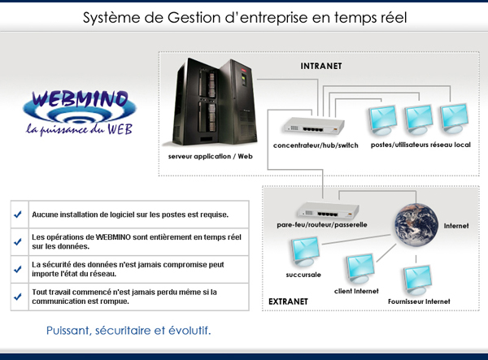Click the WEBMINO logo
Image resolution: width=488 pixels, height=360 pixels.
(79, 103)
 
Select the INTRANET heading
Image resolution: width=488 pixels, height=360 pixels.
(321, 66)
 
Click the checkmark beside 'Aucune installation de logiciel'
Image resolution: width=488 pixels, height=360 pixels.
(18, 215)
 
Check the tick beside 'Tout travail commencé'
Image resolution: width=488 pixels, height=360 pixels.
(18, 296)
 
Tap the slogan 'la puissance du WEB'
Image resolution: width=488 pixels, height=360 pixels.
(79, 128)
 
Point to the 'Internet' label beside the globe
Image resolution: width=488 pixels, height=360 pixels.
(456, 225)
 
